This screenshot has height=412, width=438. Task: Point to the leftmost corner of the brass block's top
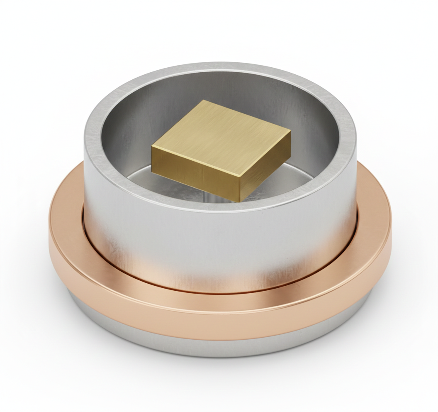(x=152, y=146)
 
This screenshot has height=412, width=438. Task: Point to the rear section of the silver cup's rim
(x=220, y=67)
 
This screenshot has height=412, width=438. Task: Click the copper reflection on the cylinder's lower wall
(x=216, y=278)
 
